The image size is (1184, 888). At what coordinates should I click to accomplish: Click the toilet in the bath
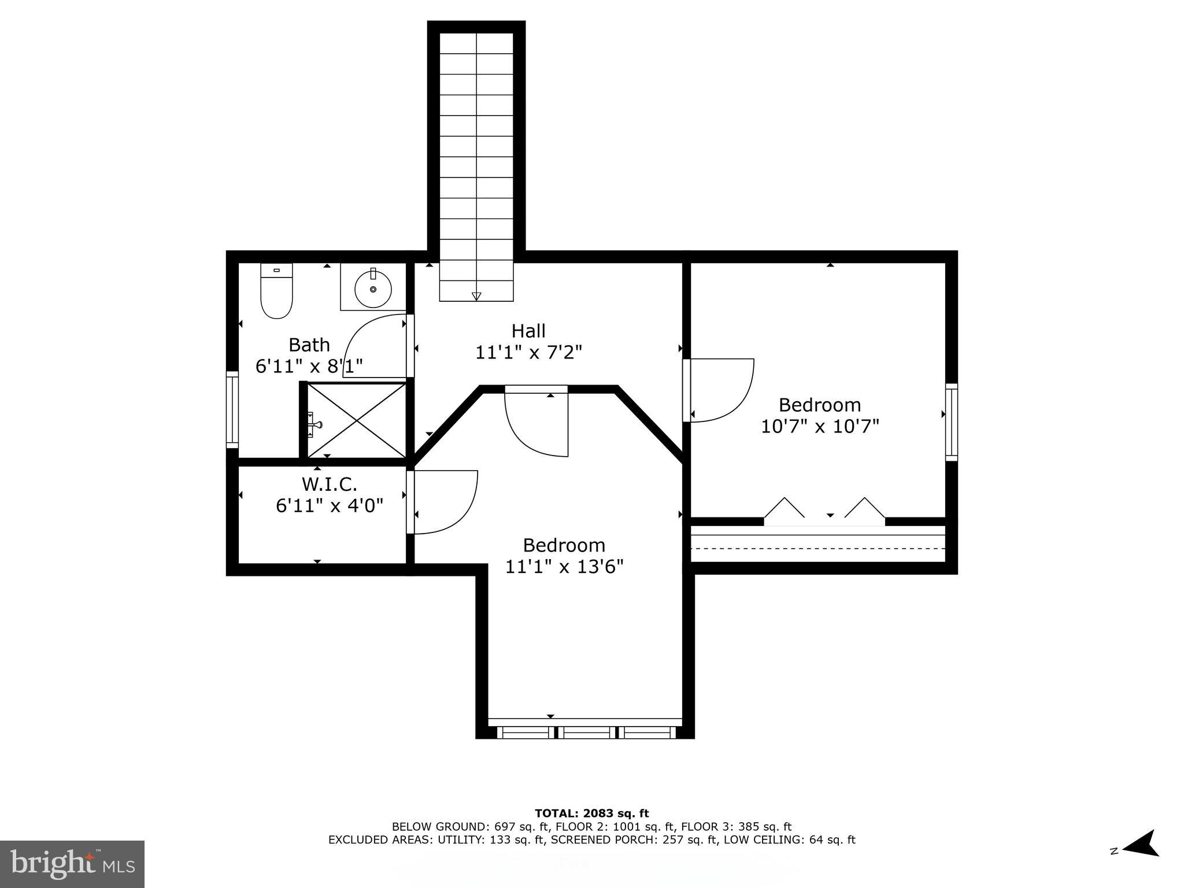coord(276,291)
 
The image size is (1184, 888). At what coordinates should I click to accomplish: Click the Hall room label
coord(528,331)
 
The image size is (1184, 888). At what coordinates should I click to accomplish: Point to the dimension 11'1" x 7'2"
coord(528,352)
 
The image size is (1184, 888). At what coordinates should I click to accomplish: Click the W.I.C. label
coord(329,483)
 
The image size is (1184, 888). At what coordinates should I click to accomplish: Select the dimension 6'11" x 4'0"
coord(329,506)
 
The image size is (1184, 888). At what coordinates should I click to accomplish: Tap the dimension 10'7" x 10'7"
coord(819,427)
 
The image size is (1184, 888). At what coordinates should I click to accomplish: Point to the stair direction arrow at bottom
coord(476,296)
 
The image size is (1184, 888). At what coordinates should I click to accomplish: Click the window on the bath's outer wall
coord(232,409)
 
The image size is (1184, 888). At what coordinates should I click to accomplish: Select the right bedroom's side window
coord(950,421)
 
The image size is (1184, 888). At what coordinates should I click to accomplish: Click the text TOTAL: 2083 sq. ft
coord(591,813)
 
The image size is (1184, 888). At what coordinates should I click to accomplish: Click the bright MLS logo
coord(72,864)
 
